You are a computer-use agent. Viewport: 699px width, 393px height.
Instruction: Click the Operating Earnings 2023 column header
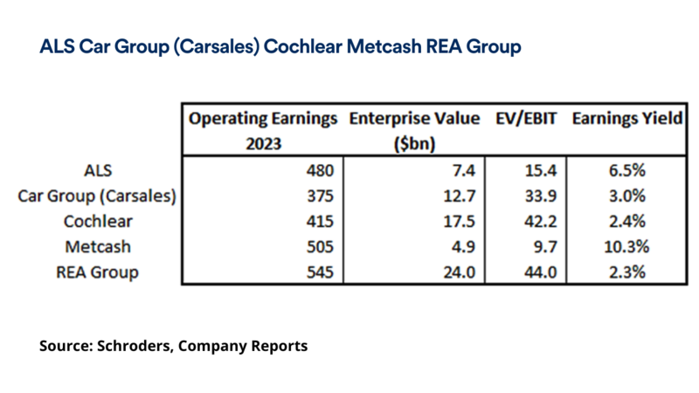(263, 129)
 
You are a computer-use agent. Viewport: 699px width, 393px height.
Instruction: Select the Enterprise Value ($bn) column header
(413, 129)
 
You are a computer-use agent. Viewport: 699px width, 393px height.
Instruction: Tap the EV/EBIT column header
(522, 120)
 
